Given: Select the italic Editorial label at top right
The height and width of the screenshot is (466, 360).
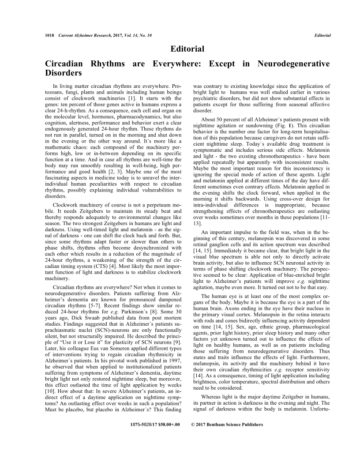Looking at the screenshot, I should (322, 35).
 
